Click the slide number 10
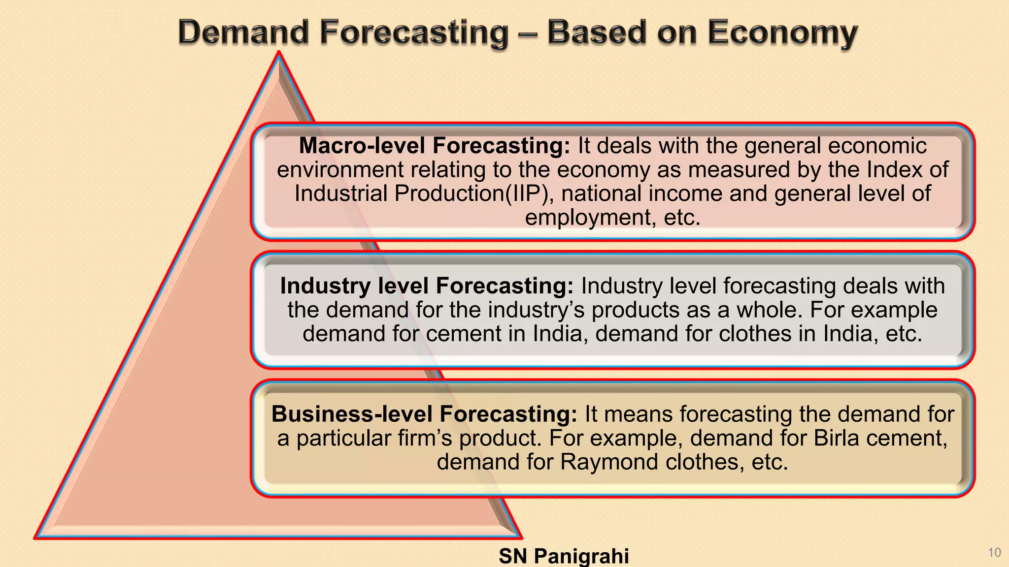tap(994, 552)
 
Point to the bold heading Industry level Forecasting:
tap(427, 286)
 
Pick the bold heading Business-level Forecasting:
tap(424, 414)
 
